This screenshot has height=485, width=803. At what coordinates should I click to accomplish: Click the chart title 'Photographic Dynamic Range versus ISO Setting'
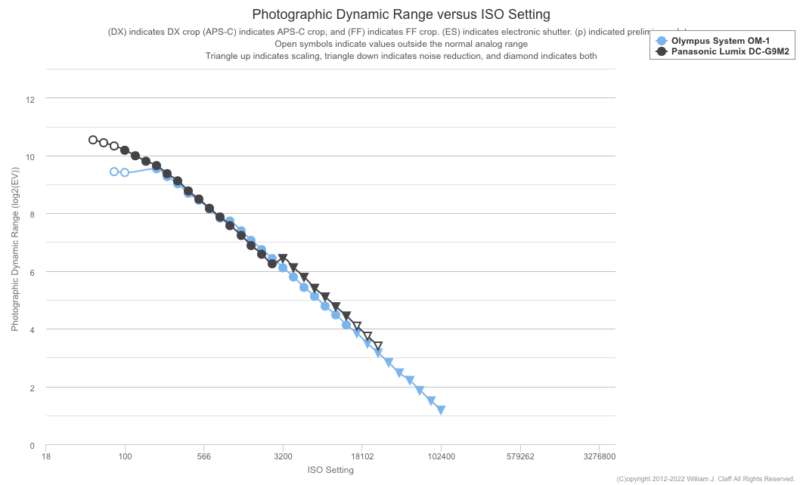pos(401,14)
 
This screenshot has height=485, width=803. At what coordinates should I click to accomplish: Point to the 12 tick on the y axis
pos(29,99)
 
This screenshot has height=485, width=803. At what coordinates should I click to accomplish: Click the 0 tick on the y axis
pos(32,446)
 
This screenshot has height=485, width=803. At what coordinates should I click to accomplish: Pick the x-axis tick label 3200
pos(283,456)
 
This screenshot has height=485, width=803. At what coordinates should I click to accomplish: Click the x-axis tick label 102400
pos(441,456)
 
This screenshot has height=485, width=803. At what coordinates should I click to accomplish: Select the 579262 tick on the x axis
pos(519,456)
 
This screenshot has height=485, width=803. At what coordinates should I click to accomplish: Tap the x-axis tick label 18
pos(46,456)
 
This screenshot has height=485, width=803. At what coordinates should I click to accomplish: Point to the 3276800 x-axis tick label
pos(598,456)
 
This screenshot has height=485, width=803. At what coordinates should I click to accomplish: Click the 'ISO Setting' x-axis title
pos(330,470)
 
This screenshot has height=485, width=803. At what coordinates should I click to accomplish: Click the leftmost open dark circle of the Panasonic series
pos(93,140)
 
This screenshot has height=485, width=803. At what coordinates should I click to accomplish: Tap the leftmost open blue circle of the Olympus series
pos(114,171)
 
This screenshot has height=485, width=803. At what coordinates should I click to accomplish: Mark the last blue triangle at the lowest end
pos(441,409)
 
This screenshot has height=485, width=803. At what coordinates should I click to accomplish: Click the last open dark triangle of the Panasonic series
pos(377,346)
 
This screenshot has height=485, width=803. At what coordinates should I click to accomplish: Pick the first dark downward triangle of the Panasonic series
pos(283,259)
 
